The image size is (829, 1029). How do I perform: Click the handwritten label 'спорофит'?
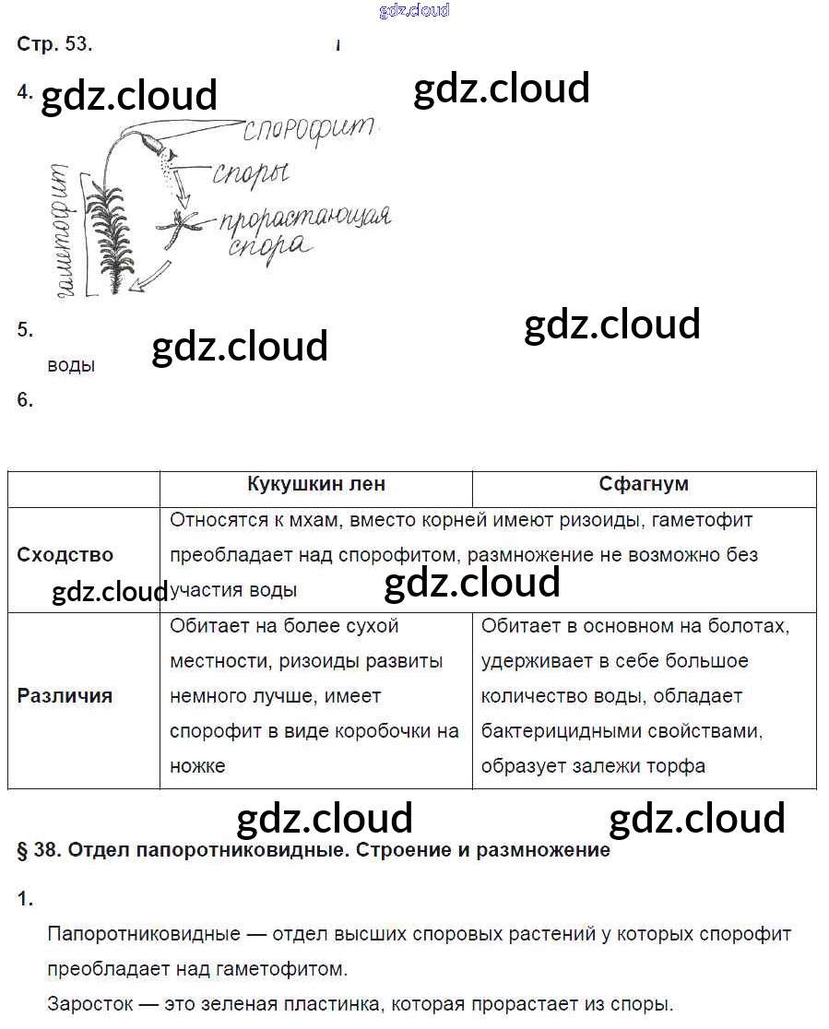[309, 129]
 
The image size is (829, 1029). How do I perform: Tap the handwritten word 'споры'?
[251, 171]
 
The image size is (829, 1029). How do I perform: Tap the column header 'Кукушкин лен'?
[316, 484]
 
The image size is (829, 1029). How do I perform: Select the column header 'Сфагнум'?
[644, 484]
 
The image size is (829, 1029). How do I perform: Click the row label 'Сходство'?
[65, 555]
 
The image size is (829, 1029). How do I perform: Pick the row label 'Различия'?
[65, 696]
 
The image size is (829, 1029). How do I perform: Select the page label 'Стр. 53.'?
[54, 43]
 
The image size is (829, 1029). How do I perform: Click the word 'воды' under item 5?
[71, 365]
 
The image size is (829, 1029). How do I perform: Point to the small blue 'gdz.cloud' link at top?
[414, 10]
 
